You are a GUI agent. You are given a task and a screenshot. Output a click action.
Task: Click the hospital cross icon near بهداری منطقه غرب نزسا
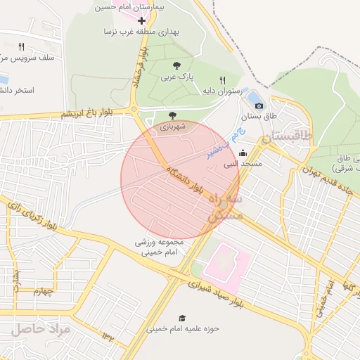click(141, 21)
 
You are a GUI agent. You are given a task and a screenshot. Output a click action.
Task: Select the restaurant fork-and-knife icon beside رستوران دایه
click(223, 80)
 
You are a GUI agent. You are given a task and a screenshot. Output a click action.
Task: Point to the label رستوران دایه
click(222, 91)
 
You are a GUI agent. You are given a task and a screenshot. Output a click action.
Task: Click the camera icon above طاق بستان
click(259, 105)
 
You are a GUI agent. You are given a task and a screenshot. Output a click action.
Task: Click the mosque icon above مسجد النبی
click(243, 153)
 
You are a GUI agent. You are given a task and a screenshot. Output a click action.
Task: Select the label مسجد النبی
click(243, 164)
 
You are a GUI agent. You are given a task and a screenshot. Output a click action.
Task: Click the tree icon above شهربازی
click(173, 116)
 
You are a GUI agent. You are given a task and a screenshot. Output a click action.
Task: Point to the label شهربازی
click(172, 127)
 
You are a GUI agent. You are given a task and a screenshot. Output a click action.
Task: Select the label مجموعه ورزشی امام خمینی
click(160, 247)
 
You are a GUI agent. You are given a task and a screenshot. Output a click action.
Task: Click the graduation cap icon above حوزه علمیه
click(183, 318)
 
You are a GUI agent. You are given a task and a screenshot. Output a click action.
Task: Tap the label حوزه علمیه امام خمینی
click(183, 328)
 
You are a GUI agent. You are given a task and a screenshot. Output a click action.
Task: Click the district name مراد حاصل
click(41, 328)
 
